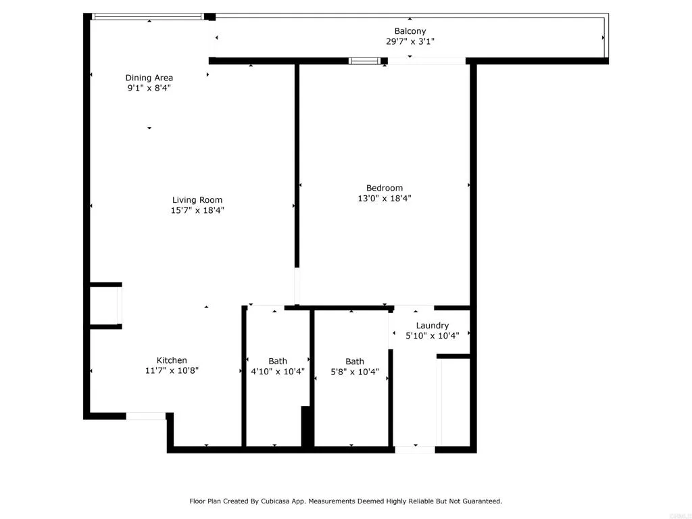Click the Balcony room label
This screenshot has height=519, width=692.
tap(410, 31)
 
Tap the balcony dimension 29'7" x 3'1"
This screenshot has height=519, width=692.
tap(410, 41)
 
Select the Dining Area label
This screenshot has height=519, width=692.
tap(149, 78)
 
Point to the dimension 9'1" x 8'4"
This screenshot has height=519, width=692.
tap(149, 88)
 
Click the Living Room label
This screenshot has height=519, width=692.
tap(197, 200)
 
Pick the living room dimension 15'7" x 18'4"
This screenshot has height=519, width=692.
tap(197, 210)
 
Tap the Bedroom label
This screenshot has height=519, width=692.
tap(385, 188)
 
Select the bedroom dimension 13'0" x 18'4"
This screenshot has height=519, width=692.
tap(385, 199)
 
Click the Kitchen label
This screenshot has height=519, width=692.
tap(172, 360)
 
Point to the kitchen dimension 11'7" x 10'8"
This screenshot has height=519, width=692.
tap(172, 370)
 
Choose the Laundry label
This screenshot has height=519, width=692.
tap(432, 325)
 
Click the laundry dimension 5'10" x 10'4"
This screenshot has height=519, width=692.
tap(432, 335)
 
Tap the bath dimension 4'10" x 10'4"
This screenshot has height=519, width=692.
tap(277, 371)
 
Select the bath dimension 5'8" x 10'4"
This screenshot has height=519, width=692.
tap(354, 372)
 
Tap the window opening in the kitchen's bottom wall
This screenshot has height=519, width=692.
tap(146, 416)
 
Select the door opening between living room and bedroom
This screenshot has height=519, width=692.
tap(297, 287)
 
